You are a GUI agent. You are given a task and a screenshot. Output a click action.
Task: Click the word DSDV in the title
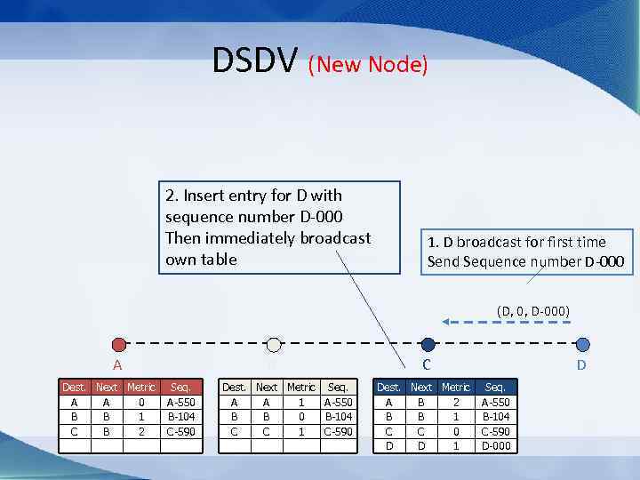pyautogui.click(x=256, y=60)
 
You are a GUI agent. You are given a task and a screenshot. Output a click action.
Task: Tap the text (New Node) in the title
pyautogui.click(x=369, y=64)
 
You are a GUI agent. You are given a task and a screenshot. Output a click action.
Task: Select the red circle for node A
pyautogui.click(x=119, y=345)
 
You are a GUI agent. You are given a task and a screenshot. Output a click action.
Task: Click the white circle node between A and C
pyautogui.click(x=274, y=345)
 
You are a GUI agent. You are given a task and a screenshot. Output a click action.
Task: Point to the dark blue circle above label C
pyautogui.click(x=428, y=345)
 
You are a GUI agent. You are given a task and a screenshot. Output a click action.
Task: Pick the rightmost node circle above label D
pyautogui.click(x=582, y=345)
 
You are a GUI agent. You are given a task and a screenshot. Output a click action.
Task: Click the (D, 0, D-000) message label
pyautogui.click(x=533, y=310)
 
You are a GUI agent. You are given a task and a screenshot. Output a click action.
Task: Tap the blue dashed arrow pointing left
pyautogui.click(x=506, y=323)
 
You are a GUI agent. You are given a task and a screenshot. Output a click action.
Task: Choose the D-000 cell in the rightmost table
pyautogui.click(x=495, y=445)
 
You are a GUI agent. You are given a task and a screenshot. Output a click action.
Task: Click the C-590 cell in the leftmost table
pyautogui.click(x=181, y=431)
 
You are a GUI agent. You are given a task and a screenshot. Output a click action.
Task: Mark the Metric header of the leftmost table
pyautogui.click(x=141, y=388)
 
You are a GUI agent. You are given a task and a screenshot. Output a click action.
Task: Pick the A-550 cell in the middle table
pyautogui.click(x=338, y=402)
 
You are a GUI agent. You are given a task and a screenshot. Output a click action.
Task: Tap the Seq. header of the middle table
pyautogui.click(x=338, y=388)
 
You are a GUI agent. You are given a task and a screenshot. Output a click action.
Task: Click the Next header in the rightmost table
pyautogui.click(x=421, y=388)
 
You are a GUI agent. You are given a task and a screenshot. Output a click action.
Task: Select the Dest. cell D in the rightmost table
pyautogui.click(x=388, y=445)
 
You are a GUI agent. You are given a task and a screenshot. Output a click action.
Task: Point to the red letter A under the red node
pyautogui.click(x=116, y=365)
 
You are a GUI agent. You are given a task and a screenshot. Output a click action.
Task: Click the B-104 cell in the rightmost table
pyautogui.click(x=495, y=416)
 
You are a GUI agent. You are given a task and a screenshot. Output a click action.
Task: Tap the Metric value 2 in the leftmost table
pyautogui.click(x=141, y=431)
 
